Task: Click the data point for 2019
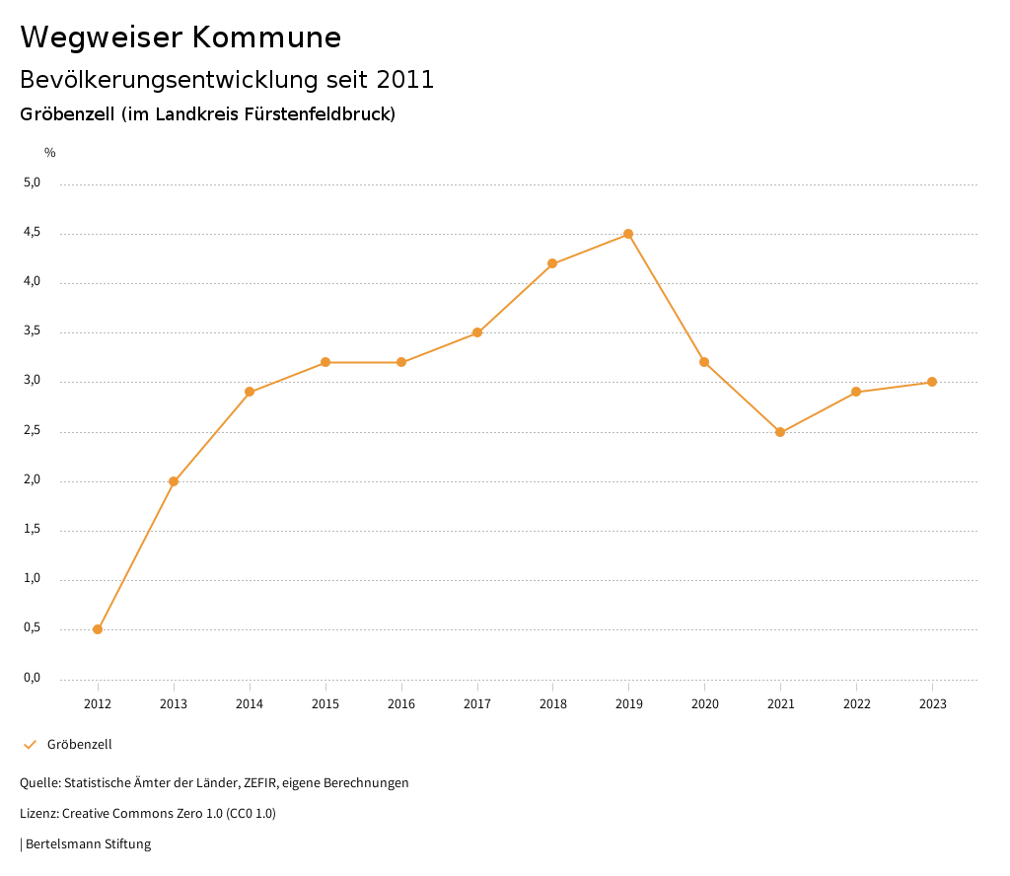coord(628,234)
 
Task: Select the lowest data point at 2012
coord(98,629)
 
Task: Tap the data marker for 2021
coord(780,432)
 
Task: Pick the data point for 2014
coord(250,392)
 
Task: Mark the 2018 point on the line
coord(552,263)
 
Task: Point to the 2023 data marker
coord(932,382)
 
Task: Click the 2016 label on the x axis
coord(401,703)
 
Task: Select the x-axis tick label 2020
coord(704,703)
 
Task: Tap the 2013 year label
coord(174,703)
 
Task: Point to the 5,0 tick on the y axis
coord(33,182)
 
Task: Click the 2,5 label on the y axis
coord(33,430)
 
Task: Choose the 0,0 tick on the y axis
coord(33,678)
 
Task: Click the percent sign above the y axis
coord(50,153)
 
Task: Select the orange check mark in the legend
coord(30,744)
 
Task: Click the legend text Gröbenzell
coord(80,744)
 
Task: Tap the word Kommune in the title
coord(267,37)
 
